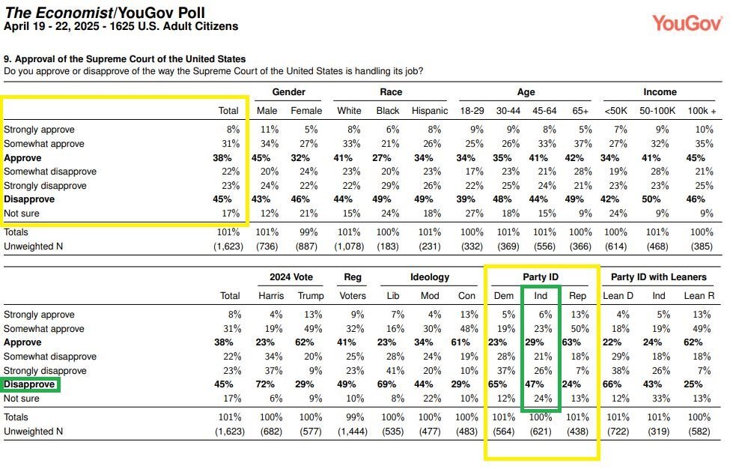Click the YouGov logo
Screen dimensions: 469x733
pos(687,23)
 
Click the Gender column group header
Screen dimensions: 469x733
pos(288,92)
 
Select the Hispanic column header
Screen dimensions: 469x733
pos(430,111)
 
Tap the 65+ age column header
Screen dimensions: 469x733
pos(581,111)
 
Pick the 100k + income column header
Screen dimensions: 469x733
pos(702,111)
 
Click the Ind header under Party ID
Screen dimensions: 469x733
pos(541,296)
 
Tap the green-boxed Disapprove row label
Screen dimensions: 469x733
pos(29,385)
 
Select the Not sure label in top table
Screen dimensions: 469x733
pos(23,214)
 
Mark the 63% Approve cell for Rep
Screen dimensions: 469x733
pos(577,343)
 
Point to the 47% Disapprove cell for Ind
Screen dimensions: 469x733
pos(541,385)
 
